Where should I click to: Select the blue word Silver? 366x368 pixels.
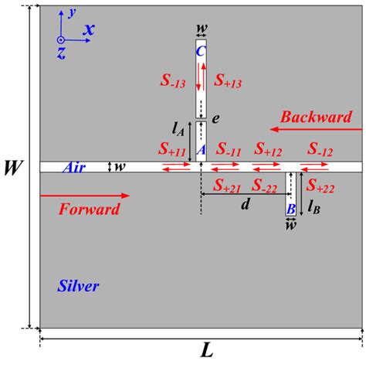click(79, 286)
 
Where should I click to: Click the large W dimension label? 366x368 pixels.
click(13, 166)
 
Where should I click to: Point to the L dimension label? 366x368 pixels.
click(206, 350)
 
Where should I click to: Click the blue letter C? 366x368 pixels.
click(201, 52)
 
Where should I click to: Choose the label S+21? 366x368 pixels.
click(229, 186)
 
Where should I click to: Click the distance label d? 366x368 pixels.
click(246, 204)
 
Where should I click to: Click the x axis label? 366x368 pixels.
click(90, 29)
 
